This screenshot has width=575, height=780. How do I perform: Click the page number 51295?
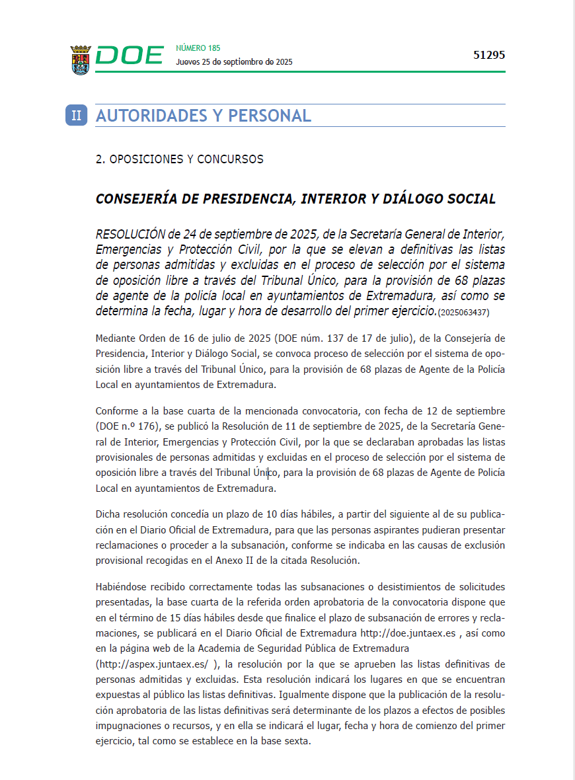click(x=489, y=56)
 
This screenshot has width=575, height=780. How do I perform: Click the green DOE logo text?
click(x=129, y=56)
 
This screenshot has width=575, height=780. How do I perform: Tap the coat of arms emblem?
click(x=80, y=59)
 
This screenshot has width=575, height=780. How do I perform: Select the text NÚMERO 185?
click(x=198, y=48)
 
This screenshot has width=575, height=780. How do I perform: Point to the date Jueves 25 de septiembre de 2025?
click(x=234, y=62)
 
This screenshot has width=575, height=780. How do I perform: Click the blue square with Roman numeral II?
click(x=76, y=115)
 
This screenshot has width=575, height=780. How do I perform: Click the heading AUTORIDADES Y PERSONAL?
click(x=204, y=116)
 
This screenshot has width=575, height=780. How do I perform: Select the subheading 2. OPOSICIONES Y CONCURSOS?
click(x=180, y=159)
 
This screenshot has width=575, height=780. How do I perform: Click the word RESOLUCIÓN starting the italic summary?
click(x=130, y=234)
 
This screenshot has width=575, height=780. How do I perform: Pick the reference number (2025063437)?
click(x=463, y=311)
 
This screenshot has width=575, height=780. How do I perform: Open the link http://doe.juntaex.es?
click(x=408, y=633)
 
